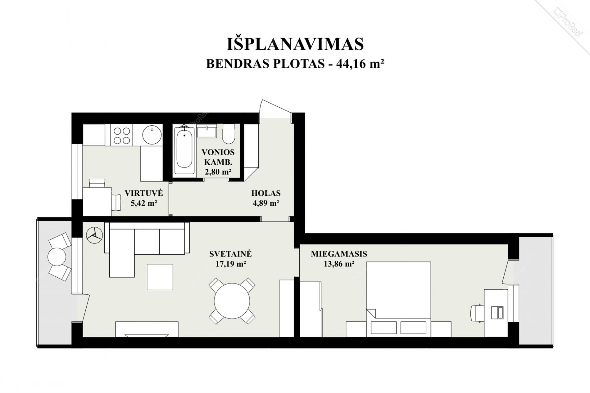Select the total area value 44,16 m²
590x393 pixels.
click(360, 64)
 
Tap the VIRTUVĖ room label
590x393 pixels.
click(144, 193)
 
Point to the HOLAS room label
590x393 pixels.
click(266, 193)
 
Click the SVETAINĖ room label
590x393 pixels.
click(230, 254)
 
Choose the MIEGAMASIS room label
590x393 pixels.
click(339, 254)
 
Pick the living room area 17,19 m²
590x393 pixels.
click(231, 264)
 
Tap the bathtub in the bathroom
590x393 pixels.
click(184, 151)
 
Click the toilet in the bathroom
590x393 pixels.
click(229, 134)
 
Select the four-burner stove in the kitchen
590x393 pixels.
click(121, 136)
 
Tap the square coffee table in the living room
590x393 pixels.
click(160, 277)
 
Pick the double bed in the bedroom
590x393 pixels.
click(398, 299)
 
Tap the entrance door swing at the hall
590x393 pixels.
click(275, 109)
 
